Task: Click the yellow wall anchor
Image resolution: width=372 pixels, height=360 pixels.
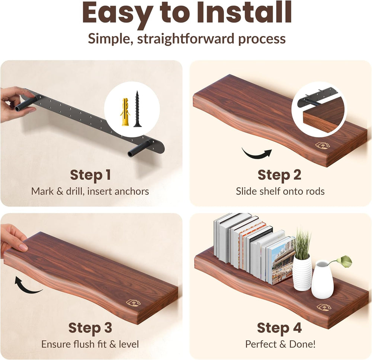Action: click(125, 112)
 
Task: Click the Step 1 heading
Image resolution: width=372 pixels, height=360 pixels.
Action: click(90, 175)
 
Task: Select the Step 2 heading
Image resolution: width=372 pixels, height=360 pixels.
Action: click(279, 175)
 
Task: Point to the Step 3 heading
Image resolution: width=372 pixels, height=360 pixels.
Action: click(90, 328)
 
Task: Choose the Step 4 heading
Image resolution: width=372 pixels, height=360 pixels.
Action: click(279, 328)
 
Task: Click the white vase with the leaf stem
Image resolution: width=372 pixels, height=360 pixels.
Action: click(323, 279)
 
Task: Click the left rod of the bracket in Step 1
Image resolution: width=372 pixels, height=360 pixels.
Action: click(26, 104)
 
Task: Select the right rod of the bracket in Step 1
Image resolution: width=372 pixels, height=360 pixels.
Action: click(139, 149)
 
